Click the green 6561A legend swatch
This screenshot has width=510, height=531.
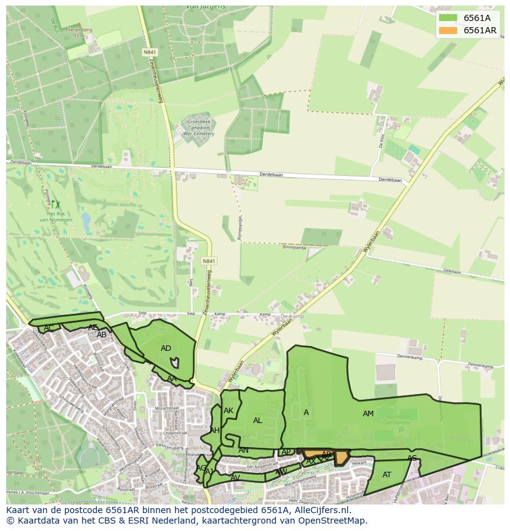tap(448, 19)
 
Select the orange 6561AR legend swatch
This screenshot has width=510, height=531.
tap(448, 30)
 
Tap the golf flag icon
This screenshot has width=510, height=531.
tap(55, 204)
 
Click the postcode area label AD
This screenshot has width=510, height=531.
tap(166, 348)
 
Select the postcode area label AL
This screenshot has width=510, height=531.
tap(257, 420)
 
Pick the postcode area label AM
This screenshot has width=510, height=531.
tap(368, 414)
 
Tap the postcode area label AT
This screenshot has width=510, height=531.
tap(387, 474)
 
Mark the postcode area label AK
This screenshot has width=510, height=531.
tap(229, 411)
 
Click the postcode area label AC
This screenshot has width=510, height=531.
tap(49, 327)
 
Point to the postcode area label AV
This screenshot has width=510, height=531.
tap(235, 477)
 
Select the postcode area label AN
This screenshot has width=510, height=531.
tap(243, 450)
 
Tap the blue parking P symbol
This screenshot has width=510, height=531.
tap(401, 430)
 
